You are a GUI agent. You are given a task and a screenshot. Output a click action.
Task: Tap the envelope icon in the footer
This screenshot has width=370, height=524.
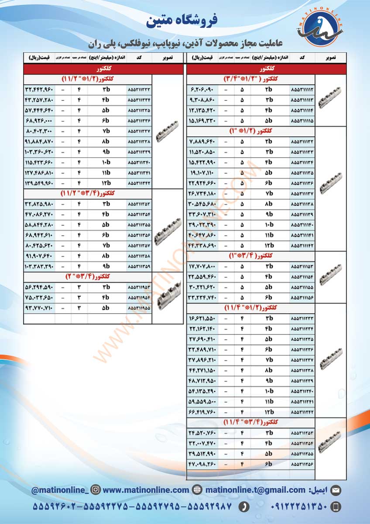(x=336, y=490)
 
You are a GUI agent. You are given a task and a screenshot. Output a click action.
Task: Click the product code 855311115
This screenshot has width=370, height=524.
(x=301, y=120)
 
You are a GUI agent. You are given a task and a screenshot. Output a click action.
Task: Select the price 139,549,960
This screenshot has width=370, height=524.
(x=39, y=183)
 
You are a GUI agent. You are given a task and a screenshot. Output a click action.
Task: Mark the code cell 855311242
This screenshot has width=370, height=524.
(x=301, y=412)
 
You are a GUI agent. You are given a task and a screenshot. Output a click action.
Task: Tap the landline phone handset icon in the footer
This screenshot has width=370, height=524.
(x=244, y=507)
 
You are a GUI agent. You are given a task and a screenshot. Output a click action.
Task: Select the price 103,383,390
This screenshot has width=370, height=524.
(x=39, y=265)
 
